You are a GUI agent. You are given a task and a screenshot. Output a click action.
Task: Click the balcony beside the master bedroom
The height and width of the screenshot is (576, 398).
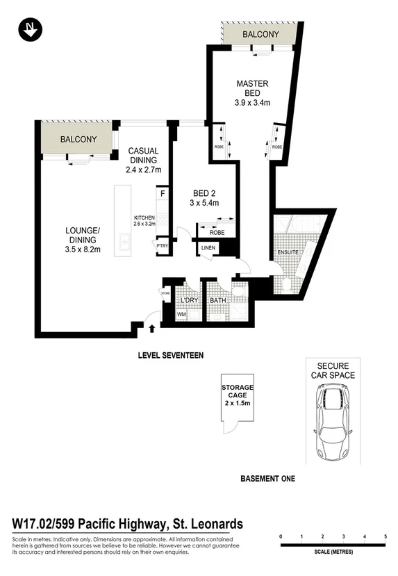point(260,34)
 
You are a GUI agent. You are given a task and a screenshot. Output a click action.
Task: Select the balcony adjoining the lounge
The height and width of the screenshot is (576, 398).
point(78,139)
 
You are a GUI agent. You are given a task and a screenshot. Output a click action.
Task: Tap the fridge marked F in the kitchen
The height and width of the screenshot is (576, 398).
point(162,195)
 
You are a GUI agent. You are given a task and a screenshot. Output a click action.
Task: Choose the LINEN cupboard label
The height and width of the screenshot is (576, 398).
point(208,248)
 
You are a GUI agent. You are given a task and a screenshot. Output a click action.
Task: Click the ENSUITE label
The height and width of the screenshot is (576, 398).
point(288,252)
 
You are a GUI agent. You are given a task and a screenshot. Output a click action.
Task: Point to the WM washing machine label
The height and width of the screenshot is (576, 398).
point(182,315)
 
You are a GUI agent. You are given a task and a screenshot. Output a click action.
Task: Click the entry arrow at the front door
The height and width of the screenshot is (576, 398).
point(152,319)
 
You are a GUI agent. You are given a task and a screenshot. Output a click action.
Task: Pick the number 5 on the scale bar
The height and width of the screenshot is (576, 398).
point(385,537)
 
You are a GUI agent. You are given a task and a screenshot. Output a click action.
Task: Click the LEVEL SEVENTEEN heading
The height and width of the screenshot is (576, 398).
point(170,355)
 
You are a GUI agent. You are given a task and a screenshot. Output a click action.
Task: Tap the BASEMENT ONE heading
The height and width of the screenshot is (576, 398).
point(267,479)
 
